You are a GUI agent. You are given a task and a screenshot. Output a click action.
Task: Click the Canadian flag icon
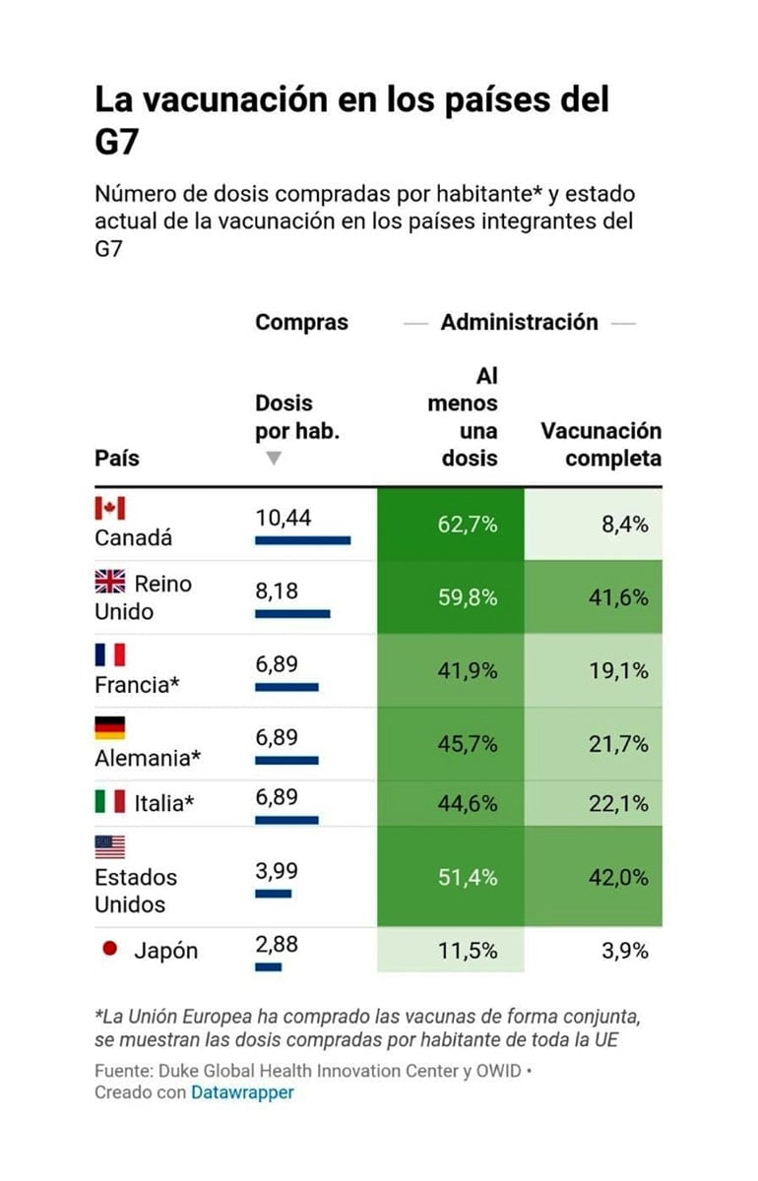click(109, 508)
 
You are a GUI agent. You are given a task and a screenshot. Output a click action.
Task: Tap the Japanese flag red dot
click(110, 949)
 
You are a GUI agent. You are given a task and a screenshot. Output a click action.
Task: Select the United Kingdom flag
click(109, 583)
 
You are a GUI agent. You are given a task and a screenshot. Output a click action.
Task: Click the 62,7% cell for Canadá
click(467, 525)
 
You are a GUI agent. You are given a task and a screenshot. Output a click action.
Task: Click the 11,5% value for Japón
click(467, 951)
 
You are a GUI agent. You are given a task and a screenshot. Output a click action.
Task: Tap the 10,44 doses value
click(283, 518)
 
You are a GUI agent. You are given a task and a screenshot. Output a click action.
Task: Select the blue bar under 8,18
click(292, 613)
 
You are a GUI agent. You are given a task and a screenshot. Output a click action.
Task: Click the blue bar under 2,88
click(268, 966)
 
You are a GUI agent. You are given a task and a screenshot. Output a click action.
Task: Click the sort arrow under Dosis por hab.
click(274, 459)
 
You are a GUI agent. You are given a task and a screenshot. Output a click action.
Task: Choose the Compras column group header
click(301, 322)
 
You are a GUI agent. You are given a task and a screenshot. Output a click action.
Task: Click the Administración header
click(519, 322)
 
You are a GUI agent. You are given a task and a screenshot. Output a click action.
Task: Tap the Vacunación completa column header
click(600, 445)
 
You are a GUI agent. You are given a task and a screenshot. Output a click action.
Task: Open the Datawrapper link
click(242, 1092)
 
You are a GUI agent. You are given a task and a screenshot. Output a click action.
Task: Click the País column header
click(117, 459)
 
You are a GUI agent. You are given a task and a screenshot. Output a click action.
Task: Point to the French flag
click(109, 655)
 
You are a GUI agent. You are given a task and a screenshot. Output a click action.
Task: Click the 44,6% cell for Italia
click(467, 804)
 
